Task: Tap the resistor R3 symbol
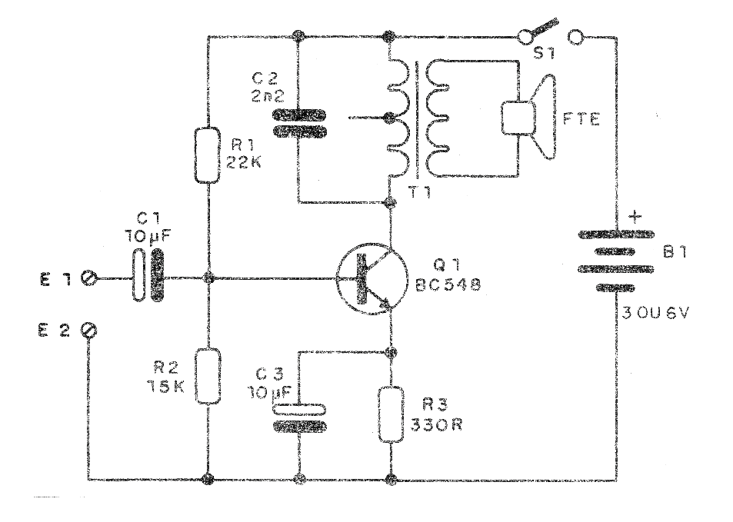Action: pyautogui.click(x=392, y=414)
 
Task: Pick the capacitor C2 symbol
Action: pyautogui.click(x=297, y=123)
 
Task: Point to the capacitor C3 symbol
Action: pyautogui.click(x=297, y=414)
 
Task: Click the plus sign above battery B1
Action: pyautogui.click(x=635, y=217)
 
